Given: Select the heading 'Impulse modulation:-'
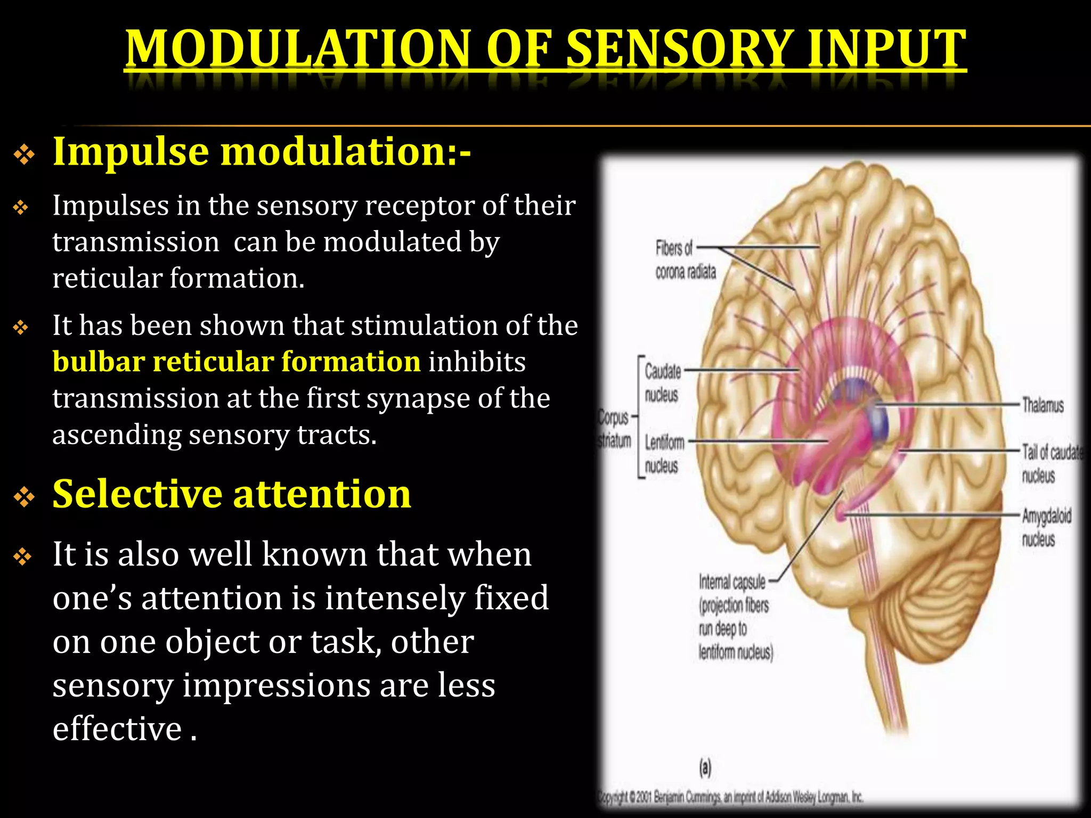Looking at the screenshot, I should click(262, 152).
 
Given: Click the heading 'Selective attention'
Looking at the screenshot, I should click(232, 494).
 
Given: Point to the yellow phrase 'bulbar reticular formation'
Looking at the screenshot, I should click(237, 362).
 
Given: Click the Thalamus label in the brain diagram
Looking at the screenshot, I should click(1042, 406).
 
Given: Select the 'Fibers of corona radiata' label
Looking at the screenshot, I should click(685, 260).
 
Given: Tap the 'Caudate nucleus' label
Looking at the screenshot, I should click(662, 383).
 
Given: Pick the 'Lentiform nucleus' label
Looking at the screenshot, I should click(663, 454).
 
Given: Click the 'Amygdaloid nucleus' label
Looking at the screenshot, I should click(1045, 527).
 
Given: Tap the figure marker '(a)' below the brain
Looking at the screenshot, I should click(705, 767).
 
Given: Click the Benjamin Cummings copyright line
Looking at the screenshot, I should click(730, 797).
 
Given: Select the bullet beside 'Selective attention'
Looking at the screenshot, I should click(24, 497).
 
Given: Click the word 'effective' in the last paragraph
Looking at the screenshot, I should click(117, 729).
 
